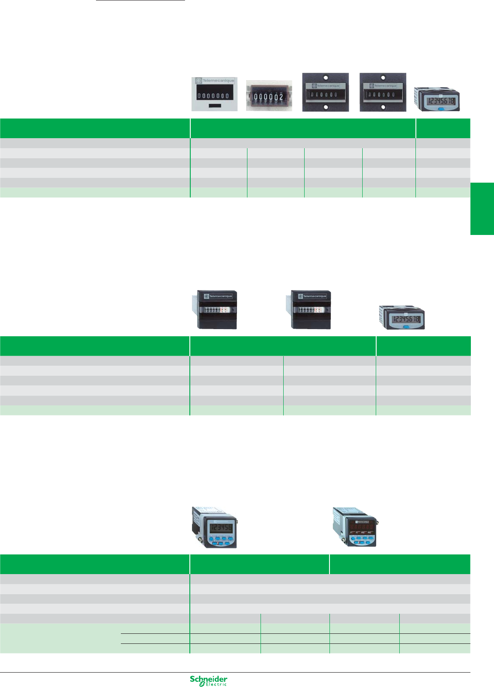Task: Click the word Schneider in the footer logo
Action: (x=208, y=679)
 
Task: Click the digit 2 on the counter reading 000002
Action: (x=281, y=97)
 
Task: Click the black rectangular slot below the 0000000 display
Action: (x=215, y=105)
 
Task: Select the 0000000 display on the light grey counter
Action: (x=214, y=95)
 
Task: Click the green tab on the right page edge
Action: (x=482, y=209)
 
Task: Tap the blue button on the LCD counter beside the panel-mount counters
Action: (x=440, y=109)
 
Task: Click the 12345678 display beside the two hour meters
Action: (x=405, y=319)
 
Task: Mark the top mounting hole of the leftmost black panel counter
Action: (x=326, y=78)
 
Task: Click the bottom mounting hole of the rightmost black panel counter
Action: (x=383, y=107)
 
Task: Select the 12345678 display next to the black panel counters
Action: (x=441, y=101)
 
